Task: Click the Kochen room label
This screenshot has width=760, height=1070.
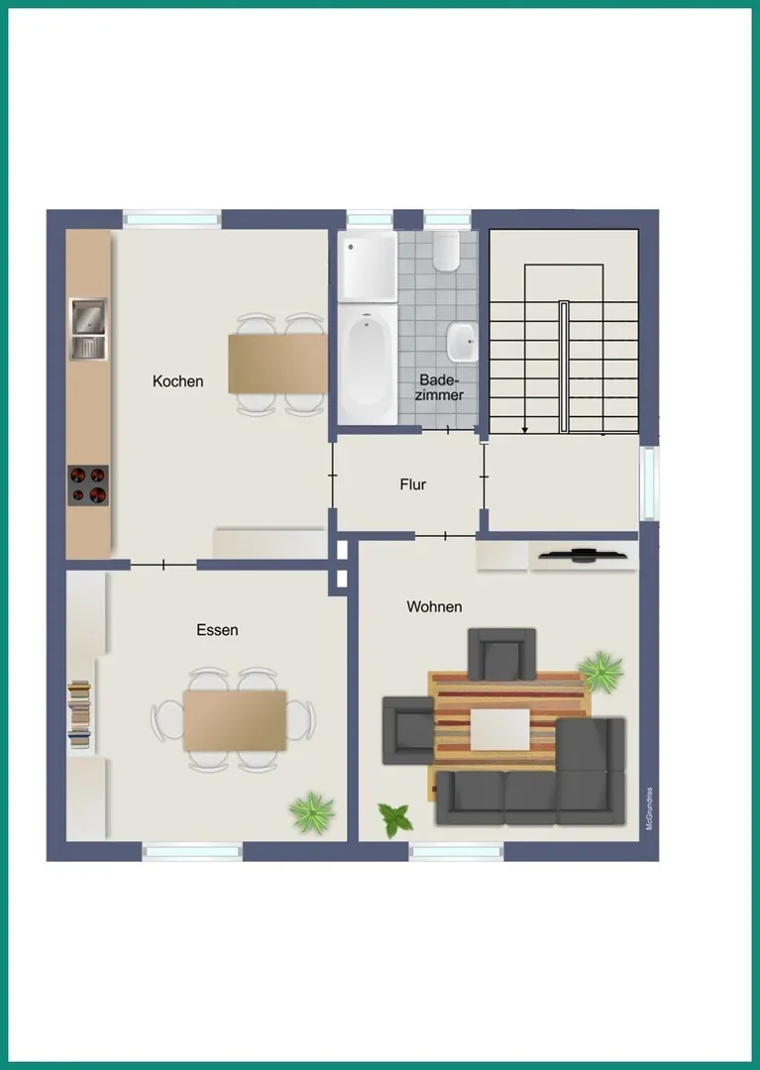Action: tap(178, 380)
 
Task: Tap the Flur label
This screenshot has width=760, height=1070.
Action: tap(413, 484)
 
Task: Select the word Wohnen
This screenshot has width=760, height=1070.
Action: tap(434, 606)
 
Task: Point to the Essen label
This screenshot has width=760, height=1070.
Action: tap(217, 630)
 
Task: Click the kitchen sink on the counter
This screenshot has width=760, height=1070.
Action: tap(89, 329)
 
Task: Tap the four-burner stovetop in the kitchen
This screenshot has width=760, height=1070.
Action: tap(88, 485)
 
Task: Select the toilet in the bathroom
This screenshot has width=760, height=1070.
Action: tap(446, 251)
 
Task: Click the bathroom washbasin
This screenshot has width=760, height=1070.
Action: tap(462, 342)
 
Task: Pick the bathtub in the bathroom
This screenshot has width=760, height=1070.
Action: tap(368, 365)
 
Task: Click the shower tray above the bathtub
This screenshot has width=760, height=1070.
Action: tap(368, 267)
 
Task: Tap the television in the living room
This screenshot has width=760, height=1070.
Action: tap(583, 556)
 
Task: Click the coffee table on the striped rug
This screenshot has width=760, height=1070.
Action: tap(500, 729)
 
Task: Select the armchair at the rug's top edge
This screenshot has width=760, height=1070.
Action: tap(501, 655)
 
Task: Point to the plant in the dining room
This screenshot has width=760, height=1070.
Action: tap(312, 812)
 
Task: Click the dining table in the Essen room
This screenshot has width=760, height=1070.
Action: tap(235, 720)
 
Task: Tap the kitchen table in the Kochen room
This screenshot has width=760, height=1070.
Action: tap(277, 364)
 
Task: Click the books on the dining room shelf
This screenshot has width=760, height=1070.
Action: tap(80, 714)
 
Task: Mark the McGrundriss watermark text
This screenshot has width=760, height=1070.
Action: tap(649, 808)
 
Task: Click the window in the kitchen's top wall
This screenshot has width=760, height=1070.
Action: tap(172, 220)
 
